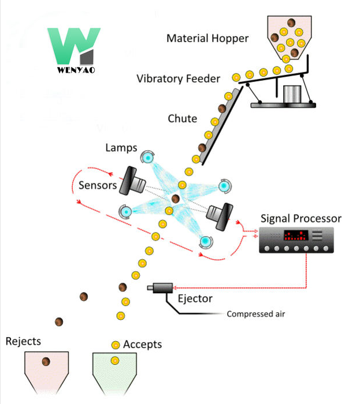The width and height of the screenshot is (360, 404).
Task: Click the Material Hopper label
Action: click(x=207, y=39)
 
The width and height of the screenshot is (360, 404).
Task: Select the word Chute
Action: click(x=182, y=118)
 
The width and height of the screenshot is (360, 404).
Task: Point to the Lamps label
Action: click(x=121, y=148)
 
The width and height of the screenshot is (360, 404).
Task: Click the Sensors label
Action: click(x=98, y=185)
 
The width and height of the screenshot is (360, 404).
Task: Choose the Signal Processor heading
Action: click(x=300, y=219)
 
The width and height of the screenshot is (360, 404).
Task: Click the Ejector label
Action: click(x=195, y=298)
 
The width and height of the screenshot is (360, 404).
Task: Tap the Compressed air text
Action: click(x=256, y=315)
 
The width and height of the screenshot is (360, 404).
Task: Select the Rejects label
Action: click(x=23, y=341)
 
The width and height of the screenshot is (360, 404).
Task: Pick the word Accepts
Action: click(x=143, y=345)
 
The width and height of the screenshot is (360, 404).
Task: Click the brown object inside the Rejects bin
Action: click(x=46, y=362)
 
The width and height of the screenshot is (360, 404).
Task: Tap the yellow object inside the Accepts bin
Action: click(x=115, y=361)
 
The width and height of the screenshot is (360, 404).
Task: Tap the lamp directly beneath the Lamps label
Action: click(x=147, y=158)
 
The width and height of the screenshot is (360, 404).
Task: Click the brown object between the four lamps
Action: click(x=176, y=199)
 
